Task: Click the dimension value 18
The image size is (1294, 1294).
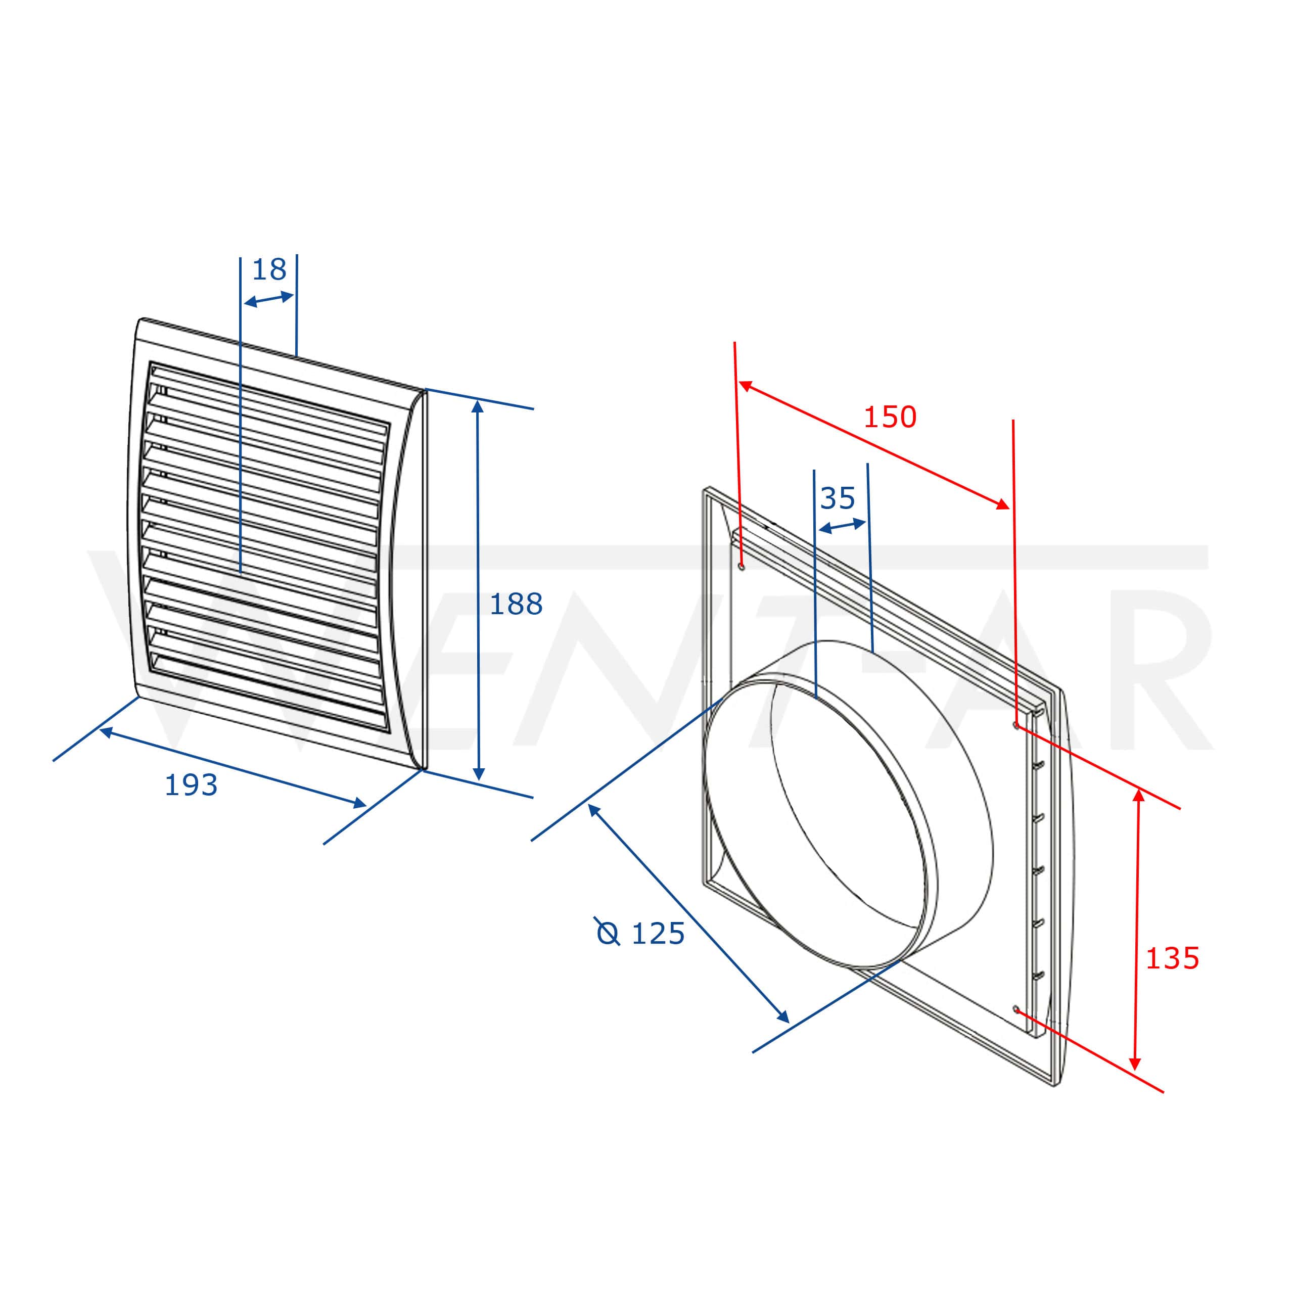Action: [269, 269]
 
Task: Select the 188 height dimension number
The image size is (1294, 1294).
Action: [516, 604]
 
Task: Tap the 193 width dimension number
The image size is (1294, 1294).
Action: [191, 785]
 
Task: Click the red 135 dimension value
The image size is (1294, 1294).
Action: [1172, 958]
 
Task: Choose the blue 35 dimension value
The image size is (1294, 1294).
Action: [837, 498]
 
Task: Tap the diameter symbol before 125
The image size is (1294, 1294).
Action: [608, 932]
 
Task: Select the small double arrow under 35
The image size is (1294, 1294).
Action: [843, 526]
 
